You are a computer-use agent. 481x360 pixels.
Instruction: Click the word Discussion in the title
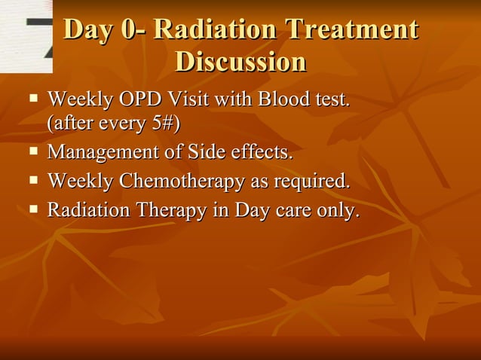coord(240,62)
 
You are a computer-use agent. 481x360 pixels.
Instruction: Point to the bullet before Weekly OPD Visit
coord(34,98)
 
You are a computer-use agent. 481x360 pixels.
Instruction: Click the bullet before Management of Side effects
coord(34,153)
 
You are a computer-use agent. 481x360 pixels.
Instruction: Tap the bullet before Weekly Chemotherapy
coord(34,182)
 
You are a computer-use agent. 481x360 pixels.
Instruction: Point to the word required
coord(313,182)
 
